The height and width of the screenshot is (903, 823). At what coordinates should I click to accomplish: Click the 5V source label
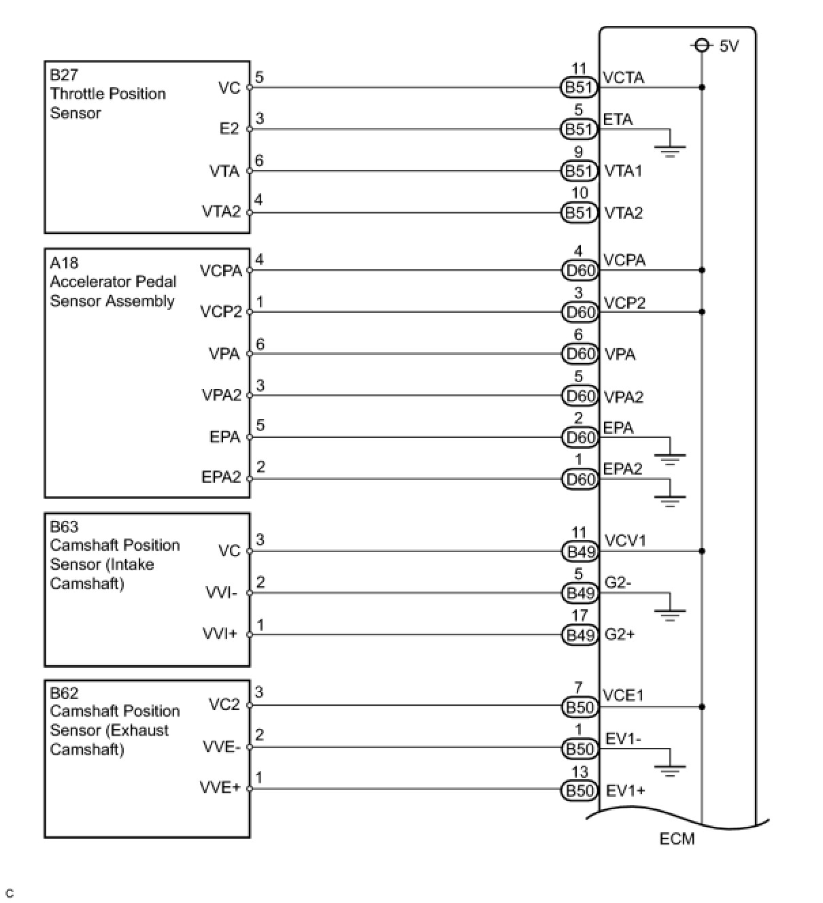pos(728,46)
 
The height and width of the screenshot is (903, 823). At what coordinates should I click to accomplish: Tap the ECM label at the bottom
pos(677,838)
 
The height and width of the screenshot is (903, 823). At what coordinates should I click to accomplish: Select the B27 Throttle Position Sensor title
pos(107,93)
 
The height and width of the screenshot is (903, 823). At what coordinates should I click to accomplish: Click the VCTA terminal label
pos(623,78)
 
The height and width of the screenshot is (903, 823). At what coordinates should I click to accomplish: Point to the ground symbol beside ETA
pos(670,148)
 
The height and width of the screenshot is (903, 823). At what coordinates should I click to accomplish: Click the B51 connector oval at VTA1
pos(580,171)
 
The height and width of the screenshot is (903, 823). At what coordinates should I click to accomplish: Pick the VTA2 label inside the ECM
pos(624,213)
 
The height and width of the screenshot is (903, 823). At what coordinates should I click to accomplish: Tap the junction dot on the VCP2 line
pos(702,312)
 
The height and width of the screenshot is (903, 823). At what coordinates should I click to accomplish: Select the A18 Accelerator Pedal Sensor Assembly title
pos(112,282)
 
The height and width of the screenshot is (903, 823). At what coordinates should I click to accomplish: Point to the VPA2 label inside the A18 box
pos(222,396)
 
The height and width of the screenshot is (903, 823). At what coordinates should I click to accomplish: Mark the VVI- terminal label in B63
pos(222,593)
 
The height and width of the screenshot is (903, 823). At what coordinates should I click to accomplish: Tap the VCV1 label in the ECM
pos(625,541)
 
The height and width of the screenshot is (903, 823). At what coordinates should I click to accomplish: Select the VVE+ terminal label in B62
pos(220,787)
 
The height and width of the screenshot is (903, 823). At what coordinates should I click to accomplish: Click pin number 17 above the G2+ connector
pos(580,616)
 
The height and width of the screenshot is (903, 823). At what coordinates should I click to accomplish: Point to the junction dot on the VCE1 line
pos(702,707)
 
